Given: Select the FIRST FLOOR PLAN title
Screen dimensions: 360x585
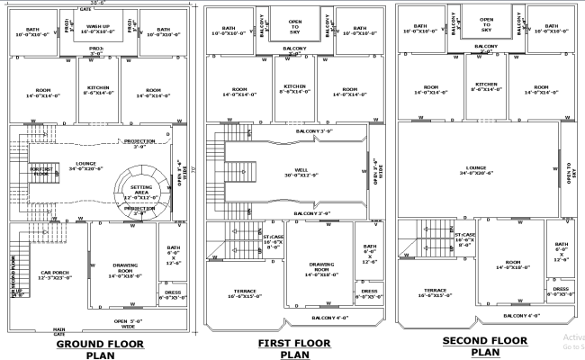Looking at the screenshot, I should [x=293, y=349].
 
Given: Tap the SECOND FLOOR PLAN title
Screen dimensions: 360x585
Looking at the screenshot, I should [x=484, y=346].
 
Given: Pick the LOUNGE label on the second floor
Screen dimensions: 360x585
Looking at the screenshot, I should [x=476, y=169].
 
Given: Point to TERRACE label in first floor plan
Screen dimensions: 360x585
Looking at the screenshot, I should [x=244, y=293].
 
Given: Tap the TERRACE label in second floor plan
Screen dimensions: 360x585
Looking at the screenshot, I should [x=435, y=292].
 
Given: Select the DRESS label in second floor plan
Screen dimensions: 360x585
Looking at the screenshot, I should [x=560, y=291].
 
